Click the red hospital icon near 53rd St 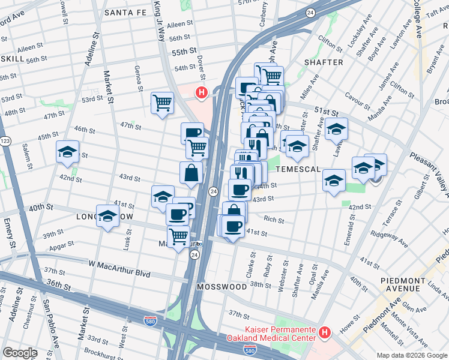pos(202,92)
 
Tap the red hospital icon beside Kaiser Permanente pos(325,332)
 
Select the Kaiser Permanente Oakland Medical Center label pos(280,332)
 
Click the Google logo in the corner pos(20,353)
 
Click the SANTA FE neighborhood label pos(125,12)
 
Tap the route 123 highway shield pos(5,140)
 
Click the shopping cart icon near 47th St pos(162,103)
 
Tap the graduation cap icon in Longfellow pos(107,217)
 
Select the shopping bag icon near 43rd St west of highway pos(191,172)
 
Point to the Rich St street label pos(273,220)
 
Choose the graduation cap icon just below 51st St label pos(337,128)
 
